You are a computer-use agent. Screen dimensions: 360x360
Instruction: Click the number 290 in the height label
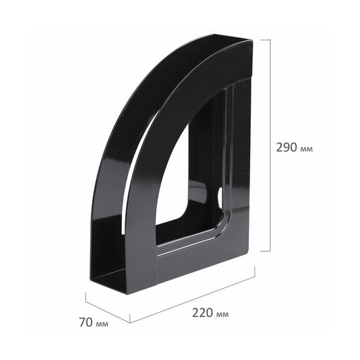(x=287, y=147)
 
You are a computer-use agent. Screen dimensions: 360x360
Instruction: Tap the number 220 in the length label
(x=203, y=313)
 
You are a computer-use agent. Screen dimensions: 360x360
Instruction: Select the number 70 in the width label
(x=86, y=322)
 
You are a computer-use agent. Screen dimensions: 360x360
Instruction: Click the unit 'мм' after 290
(x=306, y=149)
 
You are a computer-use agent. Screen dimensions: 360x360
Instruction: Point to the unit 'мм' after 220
(x=222, y=315)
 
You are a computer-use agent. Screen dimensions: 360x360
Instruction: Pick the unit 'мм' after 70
(x=102, y=324)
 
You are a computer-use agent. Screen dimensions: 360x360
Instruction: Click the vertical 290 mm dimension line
(x=270, y=145)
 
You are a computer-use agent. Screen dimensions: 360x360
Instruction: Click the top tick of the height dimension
(x=265, y=40)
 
